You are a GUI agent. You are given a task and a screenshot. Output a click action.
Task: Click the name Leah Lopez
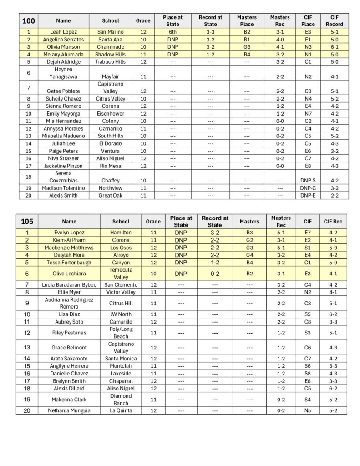coord(63,32)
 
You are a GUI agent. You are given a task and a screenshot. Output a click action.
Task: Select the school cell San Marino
coord(111,32)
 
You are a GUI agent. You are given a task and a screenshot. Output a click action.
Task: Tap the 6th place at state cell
coord(172,32)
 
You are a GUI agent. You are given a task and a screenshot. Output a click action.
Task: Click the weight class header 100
coord(28,20)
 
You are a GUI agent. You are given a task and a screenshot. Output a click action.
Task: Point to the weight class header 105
coord(27,221)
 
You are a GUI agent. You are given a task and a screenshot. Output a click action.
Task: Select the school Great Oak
coord(111,195)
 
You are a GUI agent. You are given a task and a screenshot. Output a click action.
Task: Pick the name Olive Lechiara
coord(69,274)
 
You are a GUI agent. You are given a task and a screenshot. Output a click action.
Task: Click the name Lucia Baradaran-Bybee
coord(69,284)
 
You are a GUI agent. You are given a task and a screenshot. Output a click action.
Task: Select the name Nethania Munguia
coord(69,410)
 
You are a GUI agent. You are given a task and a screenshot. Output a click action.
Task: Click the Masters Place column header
coord(247,20)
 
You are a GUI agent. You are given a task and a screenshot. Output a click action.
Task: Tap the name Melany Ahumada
coord(63,54)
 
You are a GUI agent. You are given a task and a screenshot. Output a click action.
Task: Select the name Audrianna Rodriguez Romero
coord(69,303)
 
